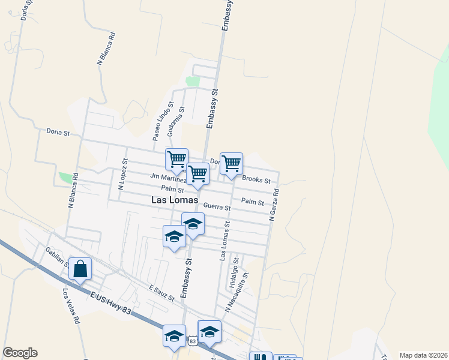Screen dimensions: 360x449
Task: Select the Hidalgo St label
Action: [x=235, y=272]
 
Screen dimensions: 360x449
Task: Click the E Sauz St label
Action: [x=161, y=293]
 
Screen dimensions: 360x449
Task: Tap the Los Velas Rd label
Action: [x=71, y=306]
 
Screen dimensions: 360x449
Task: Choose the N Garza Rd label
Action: [x=274, y=206]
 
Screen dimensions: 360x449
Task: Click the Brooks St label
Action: [x=256, y=179]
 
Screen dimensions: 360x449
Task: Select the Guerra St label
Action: [x=217, y=206]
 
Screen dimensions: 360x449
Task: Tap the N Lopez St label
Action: [x=123, y=174]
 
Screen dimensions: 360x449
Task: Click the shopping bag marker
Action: [x=80, y=271]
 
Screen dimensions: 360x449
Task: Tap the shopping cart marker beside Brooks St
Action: [x=231, y=163]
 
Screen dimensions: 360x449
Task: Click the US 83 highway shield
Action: [x=191, y=341]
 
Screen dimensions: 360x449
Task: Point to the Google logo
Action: [x=20, y=353]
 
